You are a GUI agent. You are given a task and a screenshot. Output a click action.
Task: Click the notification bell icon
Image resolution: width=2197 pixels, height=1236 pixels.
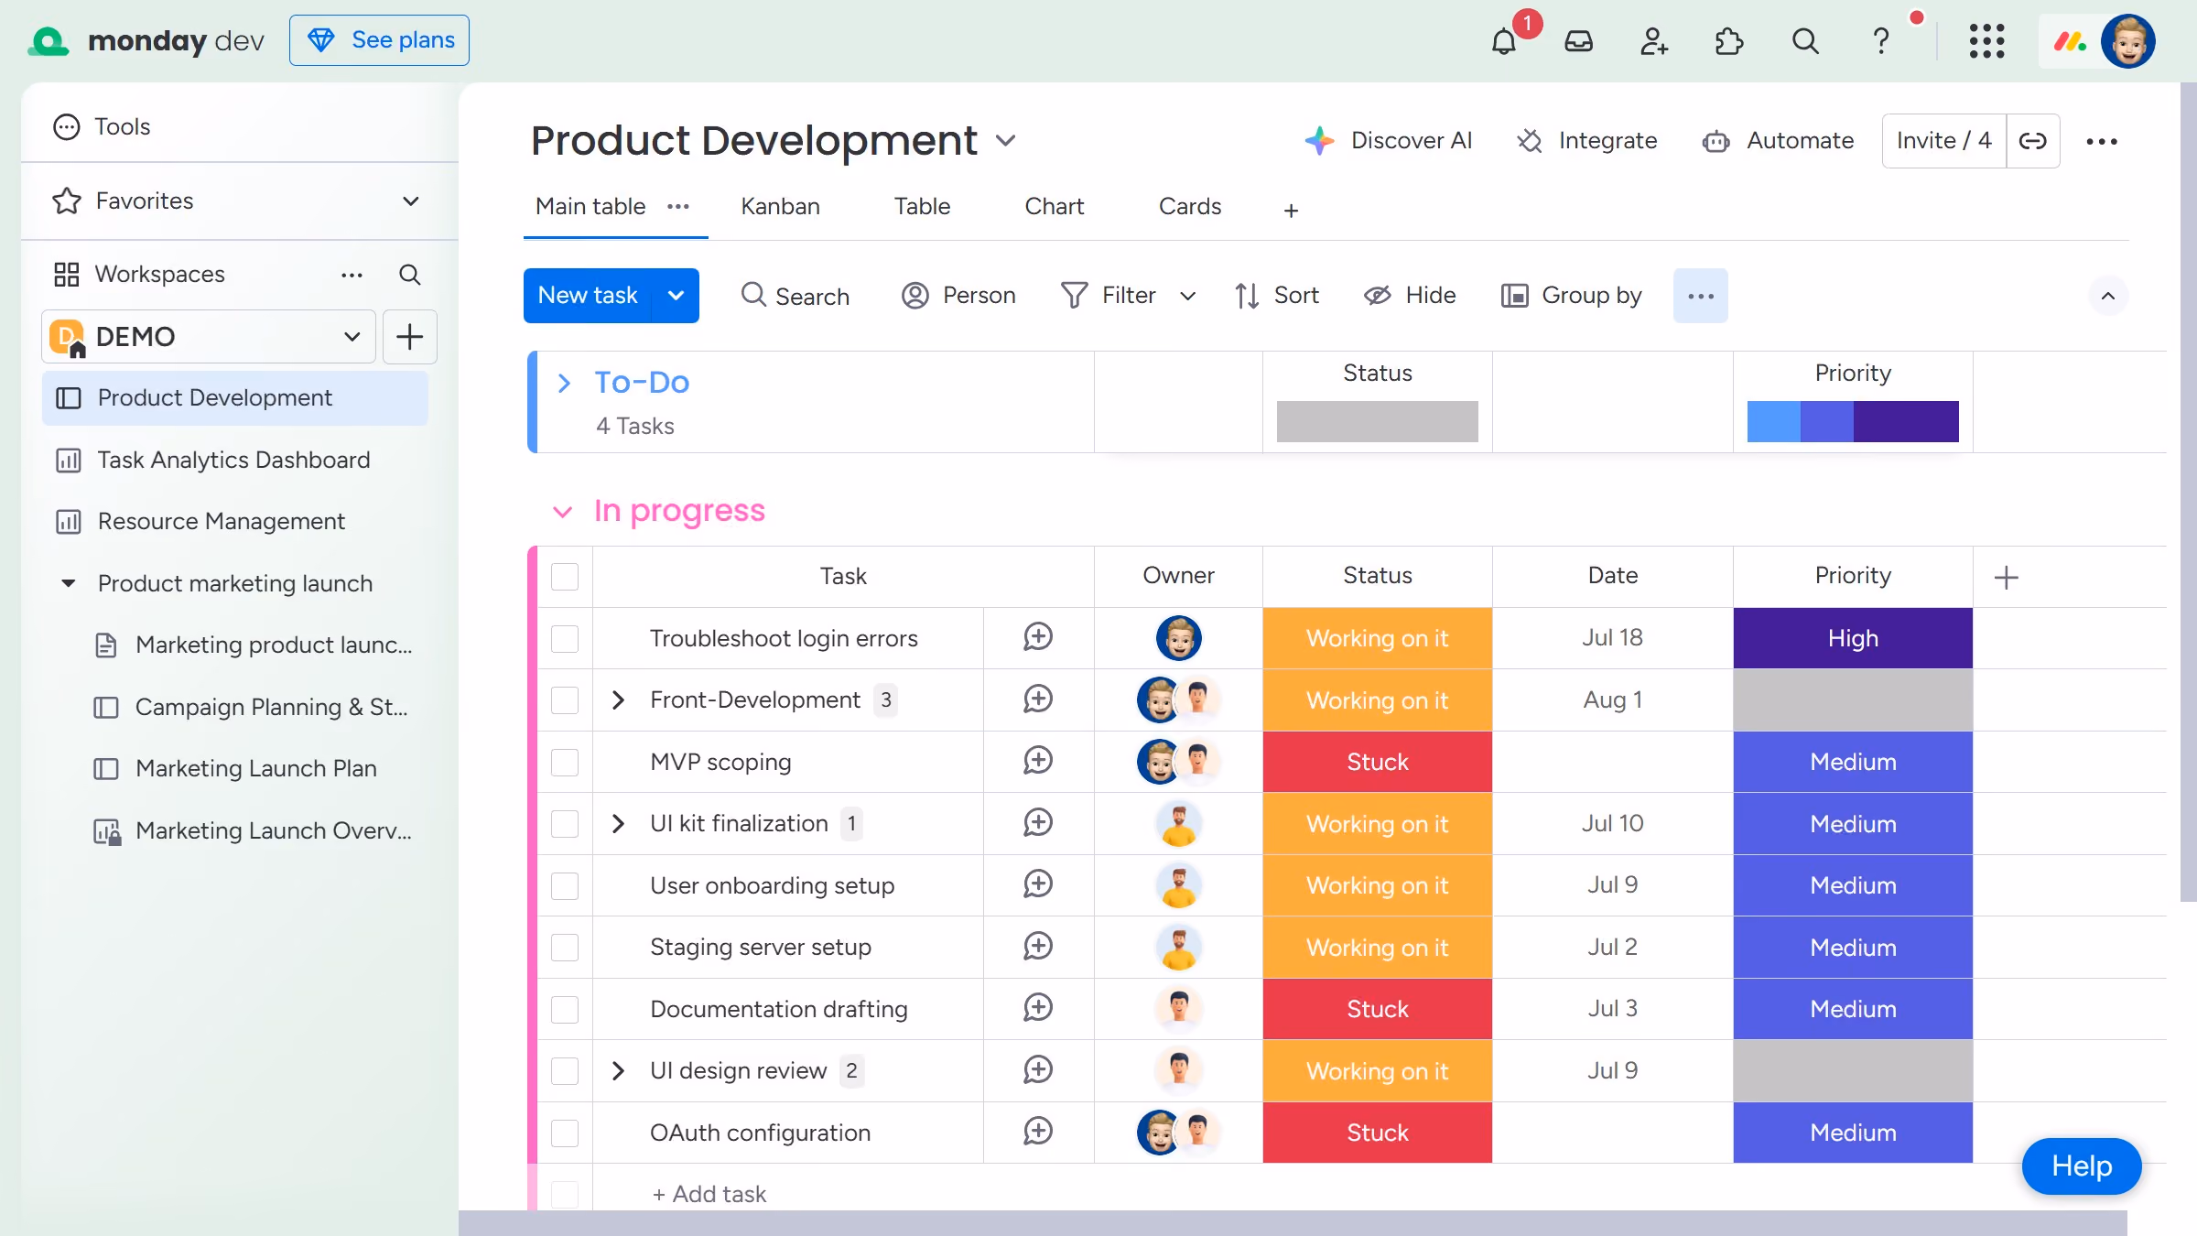pos(1503,41)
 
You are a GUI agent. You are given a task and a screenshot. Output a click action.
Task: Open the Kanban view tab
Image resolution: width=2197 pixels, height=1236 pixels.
pos(780,206)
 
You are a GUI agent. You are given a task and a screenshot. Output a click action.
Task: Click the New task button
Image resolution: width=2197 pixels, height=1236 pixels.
pos(588,295)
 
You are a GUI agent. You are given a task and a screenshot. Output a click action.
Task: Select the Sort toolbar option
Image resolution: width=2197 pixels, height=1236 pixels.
pos(1277,295)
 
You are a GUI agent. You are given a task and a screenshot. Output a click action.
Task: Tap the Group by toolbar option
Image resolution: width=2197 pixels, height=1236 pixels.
pos(1572,295)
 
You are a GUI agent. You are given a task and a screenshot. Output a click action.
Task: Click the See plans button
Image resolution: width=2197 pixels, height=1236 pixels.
pos(379,40)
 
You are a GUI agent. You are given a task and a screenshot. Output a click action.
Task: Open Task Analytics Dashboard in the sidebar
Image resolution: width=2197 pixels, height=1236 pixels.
pos(233,460)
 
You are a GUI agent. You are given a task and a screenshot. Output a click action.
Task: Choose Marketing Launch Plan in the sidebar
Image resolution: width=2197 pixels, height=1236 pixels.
pos(255,768)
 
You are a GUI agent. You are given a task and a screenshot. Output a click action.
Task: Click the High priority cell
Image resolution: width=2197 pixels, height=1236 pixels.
pos(1853,638)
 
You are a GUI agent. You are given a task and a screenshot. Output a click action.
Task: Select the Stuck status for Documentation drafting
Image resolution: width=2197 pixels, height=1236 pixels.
pos(1377,1009)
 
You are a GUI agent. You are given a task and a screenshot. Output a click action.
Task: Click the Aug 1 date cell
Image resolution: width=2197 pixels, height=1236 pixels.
pos(1612,699)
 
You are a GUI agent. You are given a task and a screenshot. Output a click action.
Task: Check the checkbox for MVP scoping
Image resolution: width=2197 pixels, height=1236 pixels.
pos(565,762)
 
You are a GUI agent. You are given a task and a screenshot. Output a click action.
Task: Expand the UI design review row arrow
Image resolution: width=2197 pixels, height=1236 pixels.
pos(618,1070)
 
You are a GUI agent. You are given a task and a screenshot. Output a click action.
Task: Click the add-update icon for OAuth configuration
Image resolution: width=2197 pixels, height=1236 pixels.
pos(1038,1132)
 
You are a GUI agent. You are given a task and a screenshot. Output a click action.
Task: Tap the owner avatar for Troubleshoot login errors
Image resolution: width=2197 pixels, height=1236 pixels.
pos(1178,638)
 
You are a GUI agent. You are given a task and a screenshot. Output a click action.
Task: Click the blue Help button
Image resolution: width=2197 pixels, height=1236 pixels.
pos(2081,1166)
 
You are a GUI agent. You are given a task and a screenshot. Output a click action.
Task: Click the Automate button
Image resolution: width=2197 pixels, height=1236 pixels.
pos(1778,140)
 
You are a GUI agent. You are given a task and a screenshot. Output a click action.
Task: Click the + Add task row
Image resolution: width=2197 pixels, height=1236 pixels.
pos(709,1194)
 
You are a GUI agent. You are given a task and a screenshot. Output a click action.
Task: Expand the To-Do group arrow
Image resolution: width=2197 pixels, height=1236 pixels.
pos(564,383)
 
